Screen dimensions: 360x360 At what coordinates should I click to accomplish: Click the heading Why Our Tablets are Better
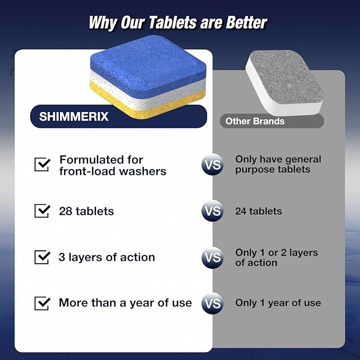coord(178,23)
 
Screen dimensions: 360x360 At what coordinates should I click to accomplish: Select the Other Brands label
coord(255,121)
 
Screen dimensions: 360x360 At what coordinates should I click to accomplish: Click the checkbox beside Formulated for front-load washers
coord(42,164)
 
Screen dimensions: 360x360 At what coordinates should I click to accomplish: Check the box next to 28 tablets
coord(42,210)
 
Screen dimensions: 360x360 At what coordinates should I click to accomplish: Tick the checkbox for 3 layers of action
coord(42,257)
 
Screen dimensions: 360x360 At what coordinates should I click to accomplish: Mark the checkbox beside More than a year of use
coord(42,303)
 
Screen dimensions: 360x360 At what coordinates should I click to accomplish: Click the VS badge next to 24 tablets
coord(212,211)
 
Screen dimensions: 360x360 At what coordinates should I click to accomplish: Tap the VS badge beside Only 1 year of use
coord(212,303)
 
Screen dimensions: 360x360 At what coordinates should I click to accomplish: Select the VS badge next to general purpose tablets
coord(212,165)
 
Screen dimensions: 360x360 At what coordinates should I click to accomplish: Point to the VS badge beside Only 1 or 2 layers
coord(212,258)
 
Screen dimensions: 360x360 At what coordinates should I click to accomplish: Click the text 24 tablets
coord(259,211)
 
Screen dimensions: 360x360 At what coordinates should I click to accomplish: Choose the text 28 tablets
coord(86,211)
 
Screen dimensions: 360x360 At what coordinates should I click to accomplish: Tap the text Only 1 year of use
coord(278,303)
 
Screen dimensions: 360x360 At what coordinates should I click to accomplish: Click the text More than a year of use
coord(125,303)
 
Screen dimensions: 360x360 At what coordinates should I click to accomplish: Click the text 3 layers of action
coord(107,257)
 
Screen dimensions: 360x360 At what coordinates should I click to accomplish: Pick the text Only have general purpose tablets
coord(278,164)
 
